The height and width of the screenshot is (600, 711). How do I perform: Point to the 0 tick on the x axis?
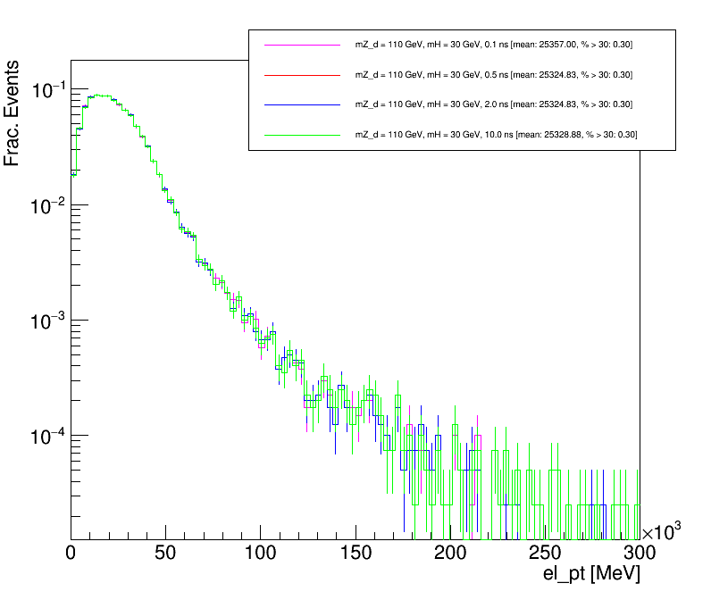(71, 553)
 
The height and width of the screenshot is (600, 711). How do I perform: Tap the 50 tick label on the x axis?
(166, 553)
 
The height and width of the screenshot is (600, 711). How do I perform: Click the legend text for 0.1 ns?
(494, 45)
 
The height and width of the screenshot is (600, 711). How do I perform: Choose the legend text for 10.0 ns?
(496, 135)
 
